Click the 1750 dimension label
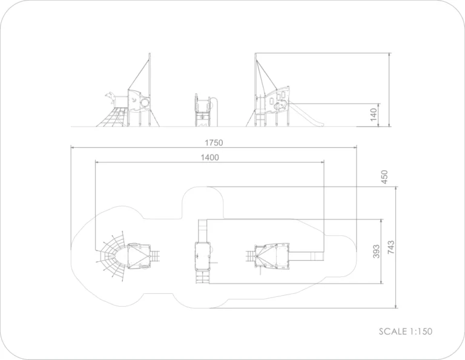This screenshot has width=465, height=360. click(x=214, y=143)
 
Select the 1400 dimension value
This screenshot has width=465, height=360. click(x=209, y=158)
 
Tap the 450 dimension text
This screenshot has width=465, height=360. click(x=384, y=177)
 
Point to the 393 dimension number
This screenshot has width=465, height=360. click(x=376, y=251)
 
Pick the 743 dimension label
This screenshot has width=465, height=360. click(x=391, y=247)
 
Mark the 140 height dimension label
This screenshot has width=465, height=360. click(x=374, y=115)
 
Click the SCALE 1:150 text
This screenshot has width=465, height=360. click(x=406, y=331)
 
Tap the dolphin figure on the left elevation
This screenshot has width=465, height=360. click(x=110, y=97)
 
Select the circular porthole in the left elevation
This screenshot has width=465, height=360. click(x=145, y=102)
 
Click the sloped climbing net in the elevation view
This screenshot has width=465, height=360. click(x=113, y=118)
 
